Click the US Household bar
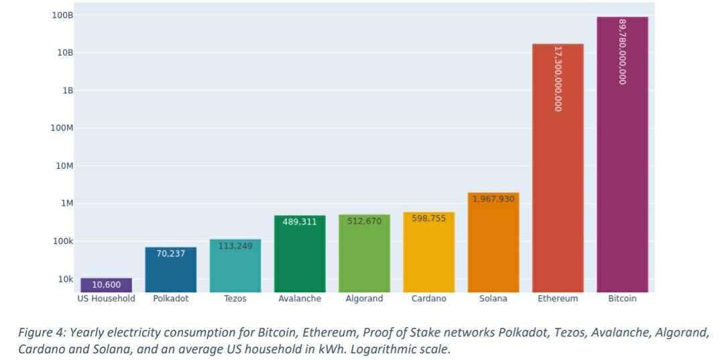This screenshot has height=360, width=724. coord(107,285)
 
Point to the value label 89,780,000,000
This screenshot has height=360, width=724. coord(622,51)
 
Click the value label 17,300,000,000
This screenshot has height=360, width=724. coord(558,78)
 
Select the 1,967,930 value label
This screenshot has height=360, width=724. coord(493,199)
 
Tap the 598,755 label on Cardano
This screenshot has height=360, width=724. coord(429,219)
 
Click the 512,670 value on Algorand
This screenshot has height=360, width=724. coord(364,221)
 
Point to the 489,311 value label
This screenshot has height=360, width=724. coord(300,222)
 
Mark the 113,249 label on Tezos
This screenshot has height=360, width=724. coord(235,246)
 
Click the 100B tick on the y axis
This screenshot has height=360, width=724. coord(62,15)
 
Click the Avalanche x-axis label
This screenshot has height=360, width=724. coord(300,299)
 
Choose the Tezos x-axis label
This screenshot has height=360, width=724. coord(235,299)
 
